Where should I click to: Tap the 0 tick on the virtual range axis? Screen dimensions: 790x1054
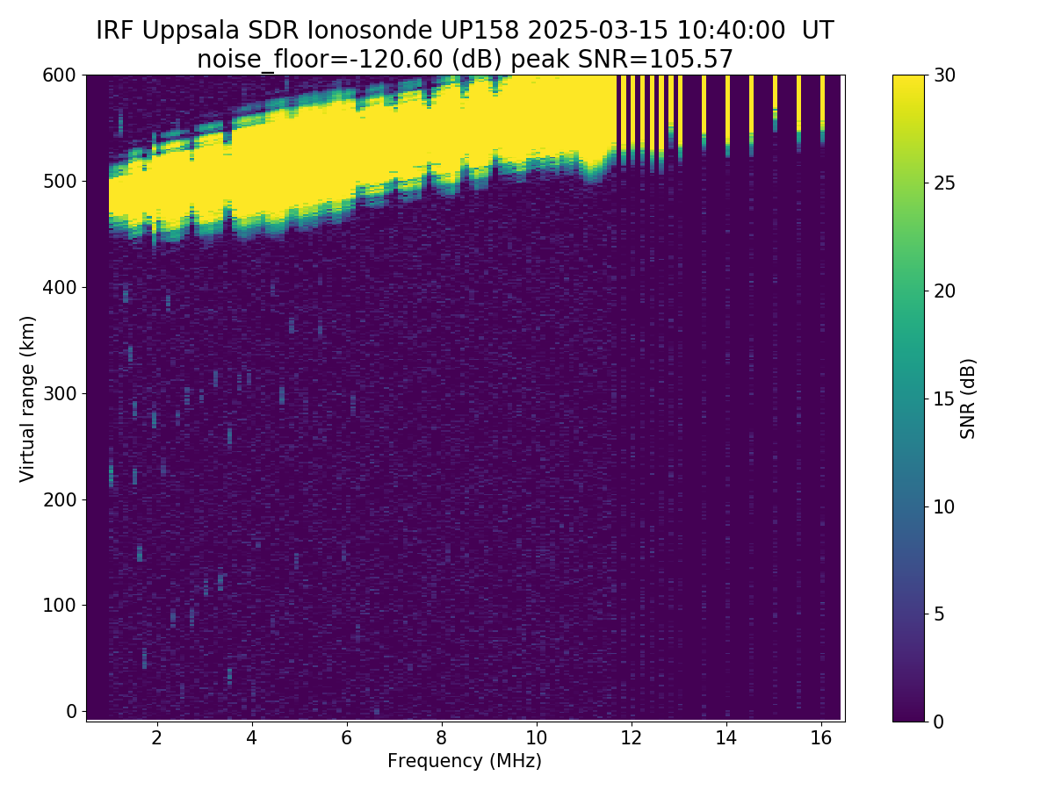(x=71, y=711)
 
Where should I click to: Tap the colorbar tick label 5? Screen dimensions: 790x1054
(x=939, y=614)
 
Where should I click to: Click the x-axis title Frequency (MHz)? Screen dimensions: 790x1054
(x=465, y=761)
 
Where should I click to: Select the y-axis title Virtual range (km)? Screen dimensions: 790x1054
(x=27, y=399)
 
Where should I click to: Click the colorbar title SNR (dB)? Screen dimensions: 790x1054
(x=968, y=399)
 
